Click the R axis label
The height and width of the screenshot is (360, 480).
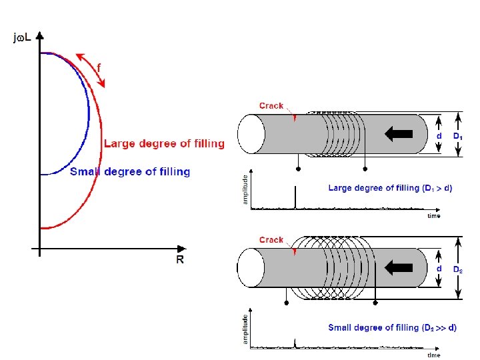point(180,259)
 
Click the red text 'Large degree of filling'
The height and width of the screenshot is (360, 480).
point(164,143)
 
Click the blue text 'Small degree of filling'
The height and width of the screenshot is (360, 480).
point(130,171)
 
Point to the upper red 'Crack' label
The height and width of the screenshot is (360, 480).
point(271,105)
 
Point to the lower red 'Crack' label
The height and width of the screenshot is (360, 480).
point(271,239)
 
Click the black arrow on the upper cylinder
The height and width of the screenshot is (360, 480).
point(399,133)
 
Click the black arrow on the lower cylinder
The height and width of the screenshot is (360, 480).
point(399,267)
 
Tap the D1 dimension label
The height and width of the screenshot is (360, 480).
point(459,135)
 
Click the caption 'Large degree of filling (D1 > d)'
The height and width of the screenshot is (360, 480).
point(390,188)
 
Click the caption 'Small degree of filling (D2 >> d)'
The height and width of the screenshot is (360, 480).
point(393,327)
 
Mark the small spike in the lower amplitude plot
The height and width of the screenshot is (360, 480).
point(295,343)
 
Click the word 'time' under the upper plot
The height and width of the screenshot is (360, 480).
point(434,216)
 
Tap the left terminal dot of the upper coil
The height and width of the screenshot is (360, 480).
point(298,169)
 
